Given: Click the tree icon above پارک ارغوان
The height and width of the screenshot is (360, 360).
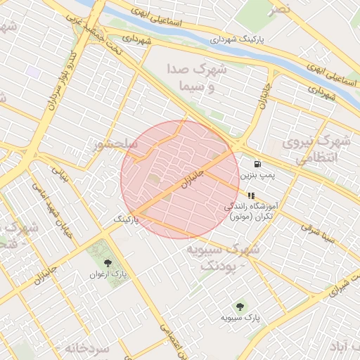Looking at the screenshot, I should (x=107, y=262).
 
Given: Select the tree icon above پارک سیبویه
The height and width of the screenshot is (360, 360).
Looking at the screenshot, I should (x=240, y=307).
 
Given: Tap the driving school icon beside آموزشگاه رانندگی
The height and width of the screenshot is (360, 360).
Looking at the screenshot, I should (x=251, y=195).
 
